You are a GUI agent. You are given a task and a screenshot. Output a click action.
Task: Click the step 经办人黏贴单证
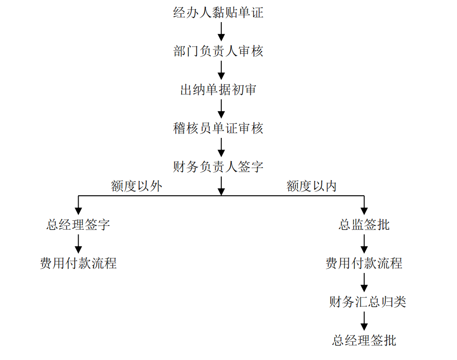218,13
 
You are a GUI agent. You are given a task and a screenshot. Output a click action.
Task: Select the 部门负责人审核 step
218,51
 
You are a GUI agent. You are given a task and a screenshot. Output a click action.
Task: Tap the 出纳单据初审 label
218,90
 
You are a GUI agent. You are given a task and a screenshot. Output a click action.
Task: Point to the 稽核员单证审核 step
218,128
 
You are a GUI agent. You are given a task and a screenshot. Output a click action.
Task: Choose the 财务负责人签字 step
218,167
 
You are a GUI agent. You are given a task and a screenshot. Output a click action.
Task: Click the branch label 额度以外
136,186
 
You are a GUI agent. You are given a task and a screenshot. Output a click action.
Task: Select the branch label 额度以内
312,186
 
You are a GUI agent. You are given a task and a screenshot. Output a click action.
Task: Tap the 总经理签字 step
78,224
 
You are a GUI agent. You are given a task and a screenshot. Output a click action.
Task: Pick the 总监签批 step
364,224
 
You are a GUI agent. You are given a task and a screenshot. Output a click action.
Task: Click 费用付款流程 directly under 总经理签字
78,263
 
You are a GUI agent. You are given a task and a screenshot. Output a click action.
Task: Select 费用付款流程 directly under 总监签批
364,263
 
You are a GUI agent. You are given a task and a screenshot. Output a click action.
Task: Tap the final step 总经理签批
364,340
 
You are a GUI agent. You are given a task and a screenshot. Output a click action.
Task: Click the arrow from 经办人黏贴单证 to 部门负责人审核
221,32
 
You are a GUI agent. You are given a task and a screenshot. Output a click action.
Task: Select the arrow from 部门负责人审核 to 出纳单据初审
221,71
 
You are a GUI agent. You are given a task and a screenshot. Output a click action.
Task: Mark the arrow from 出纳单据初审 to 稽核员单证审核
221,109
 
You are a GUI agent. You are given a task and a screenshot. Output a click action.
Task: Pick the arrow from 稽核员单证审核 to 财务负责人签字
221,147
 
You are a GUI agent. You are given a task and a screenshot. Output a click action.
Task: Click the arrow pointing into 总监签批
364,206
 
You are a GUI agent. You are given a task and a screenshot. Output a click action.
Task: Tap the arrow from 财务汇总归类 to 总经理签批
364,321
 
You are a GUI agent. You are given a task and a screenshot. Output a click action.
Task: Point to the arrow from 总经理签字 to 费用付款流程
78,244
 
